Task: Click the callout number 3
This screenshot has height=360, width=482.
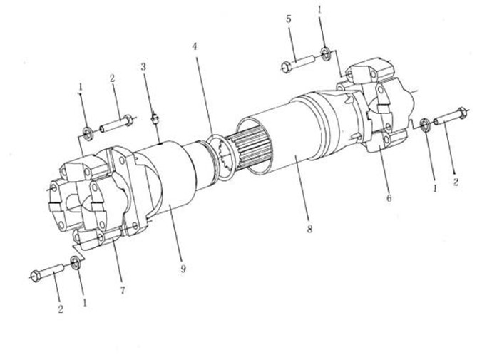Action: point(143,66)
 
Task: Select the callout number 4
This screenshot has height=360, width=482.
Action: point(194,46)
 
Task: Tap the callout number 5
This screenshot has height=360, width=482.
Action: point(288,19)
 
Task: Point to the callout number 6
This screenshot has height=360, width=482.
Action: point(389,198)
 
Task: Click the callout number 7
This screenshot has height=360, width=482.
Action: point(123,290)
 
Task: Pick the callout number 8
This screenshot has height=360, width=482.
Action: point(309,229)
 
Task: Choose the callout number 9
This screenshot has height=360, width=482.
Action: point(183,269)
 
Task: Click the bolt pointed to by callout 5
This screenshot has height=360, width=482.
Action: point(297,63)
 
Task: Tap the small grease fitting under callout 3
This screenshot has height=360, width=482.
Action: point(155,118)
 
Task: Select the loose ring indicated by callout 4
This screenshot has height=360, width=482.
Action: point(221,158)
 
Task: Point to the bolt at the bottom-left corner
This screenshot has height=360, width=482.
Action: point(47,272)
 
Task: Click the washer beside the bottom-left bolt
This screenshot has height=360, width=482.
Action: point(76,263)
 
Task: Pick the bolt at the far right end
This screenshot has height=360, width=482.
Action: point(451,117)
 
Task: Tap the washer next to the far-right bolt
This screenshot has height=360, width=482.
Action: point(425,125)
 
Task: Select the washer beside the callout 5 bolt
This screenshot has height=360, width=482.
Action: point(325,53)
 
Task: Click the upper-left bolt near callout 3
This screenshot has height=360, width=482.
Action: point(116,123)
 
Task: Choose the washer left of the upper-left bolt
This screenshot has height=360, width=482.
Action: point(88,134)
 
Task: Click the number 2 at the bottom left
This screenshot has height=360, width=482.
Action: point(61,309)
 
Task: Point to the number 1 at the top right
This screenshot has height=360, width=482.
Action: point(319,10)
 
